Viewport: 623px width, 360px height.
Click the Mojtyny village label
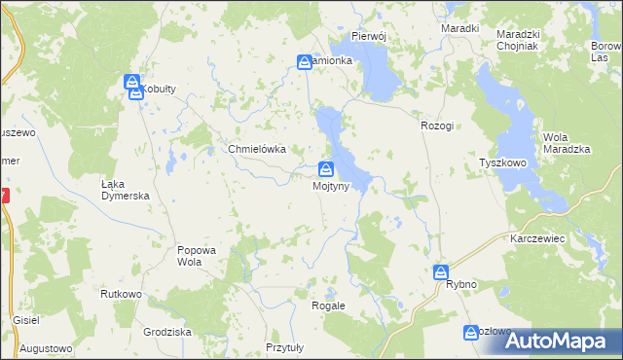[330, 187]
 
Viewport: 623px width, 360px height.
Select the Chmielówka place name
[256, 149]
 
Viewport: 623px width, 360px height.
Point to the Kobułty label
[157, 89]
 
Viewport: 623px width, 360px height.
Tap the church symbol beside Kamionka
[305, 62]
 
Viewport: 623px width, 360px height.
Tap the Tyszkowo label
[502, 163]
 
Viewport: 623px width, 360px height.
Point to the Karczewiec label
[538, 237]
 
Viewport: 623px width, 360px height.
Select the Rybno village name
[460, 284]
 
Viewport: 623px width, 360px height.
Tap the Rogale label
[328, 305]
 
